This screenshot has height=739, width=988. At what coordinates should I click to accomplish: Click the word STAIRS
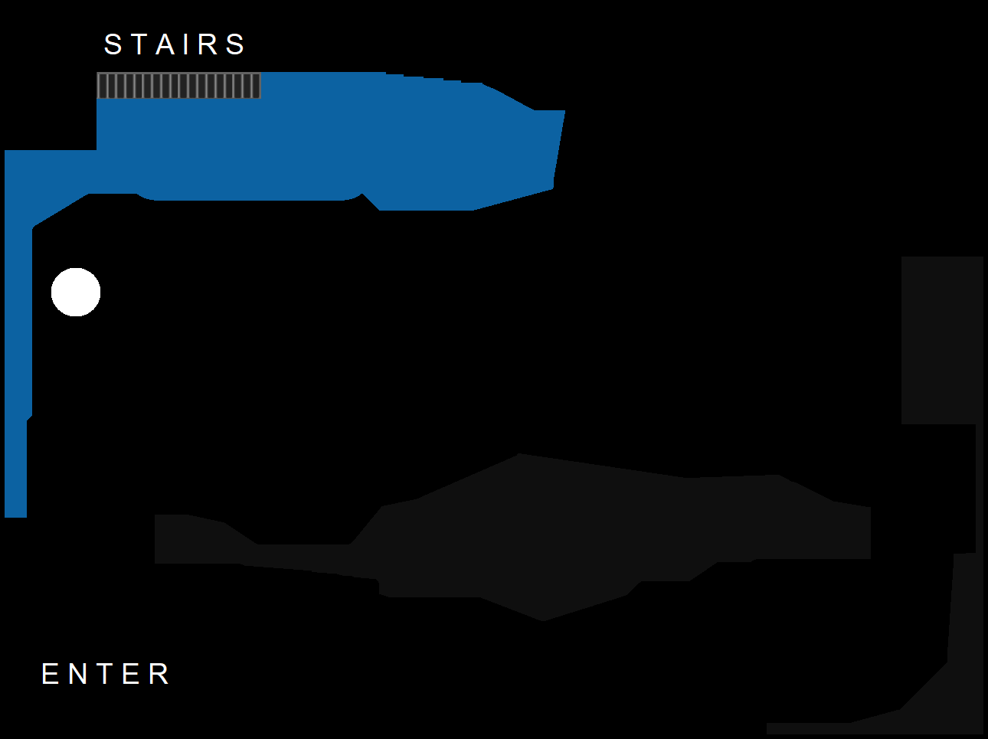click(x=175, y=44)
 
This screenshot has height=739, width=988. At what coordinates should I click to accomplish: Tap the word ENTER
click(x=106, y=674)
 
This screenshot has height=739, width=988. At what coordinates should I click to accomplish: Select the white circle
click(x=76, y=292)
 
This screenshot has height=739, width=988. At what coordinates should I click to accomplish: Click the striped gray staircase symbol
click(x=178, y=86)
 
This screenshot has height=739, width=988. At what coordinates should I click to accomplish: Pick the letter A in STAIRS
click(x=165, y=44)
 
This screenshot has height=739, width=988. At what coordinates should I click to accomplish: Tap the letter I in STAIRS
click(x=187, y=44)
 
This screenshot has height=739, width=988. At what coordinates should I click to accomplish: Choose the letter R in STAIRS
click(x=208, y=44)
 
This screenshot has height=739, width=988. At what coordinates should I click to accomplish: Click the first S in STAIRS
click(x=113, y=44)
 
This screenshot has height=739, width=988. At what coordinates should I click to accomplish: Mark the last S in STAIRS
click(x=235, y=44)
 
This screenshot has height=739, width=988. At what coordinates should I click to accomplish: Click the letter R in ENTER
click(x=159, y=674)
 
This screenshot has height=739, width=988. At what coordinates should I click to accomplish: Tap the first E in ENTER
click(x=50, y=674)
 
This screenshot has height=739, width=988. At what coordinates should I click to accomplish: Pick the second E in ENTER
click(x=131, y=674)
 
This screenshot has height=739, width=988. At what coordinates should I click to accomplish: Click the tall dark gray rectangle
click(x=942, y=340)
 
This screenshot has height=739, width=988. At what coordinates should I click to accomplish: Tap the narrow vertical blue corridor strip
click(x=17, y=360)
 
